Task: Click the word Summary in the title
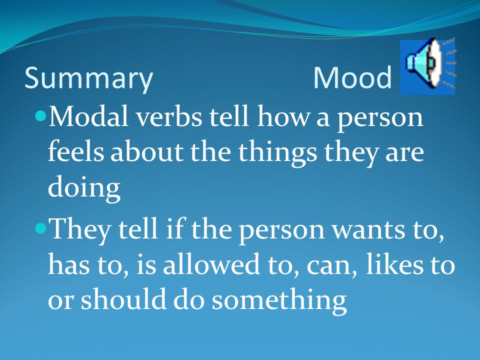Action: (88, 78)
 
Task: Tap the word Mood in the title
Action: (352, 77)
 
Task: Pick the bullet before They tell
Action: (40, 228)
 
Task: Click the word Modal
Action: (88, 116)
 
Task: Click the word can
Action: (332, 265)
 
